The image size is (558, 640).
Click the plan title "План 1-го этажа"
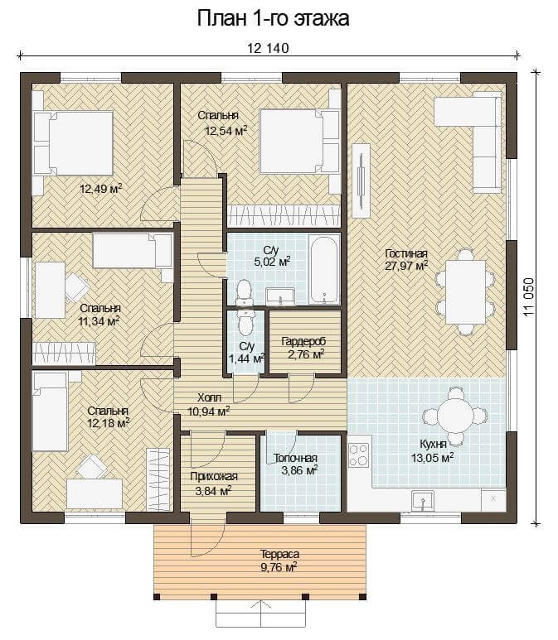point(273,19)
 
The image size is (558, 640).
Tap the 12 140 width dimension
point(268,48)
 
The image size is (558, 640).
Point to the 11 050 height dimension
point(528,296)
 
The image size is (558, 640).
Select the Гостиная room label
point(406,254)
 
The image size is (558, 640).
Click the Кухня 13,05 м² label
point(433,451)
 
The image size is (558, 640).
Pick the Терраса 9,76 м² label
point(279,561)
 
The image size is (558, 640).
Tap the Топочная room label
point(295,459)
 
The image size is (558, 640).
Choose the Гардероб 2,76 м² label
point(304,348)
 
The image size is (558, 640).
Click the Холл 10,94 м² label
point(208,405)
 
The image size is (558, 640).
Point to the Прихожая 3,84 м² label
point(213,483)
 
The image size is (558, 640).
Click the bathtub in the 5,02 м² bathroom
point(323,270)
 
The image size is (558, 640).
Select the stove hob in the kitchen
point(358,455)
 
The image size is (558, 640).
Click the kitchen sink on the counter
point(423,501)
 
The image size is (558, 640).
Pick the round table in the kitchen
point(454,416)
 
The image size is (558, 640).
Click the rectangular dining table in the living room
point(465,291)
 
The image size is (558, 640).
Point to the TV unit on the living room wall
point(361,180)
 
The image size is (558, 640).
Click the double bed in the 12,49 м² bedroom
point(73,143)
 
